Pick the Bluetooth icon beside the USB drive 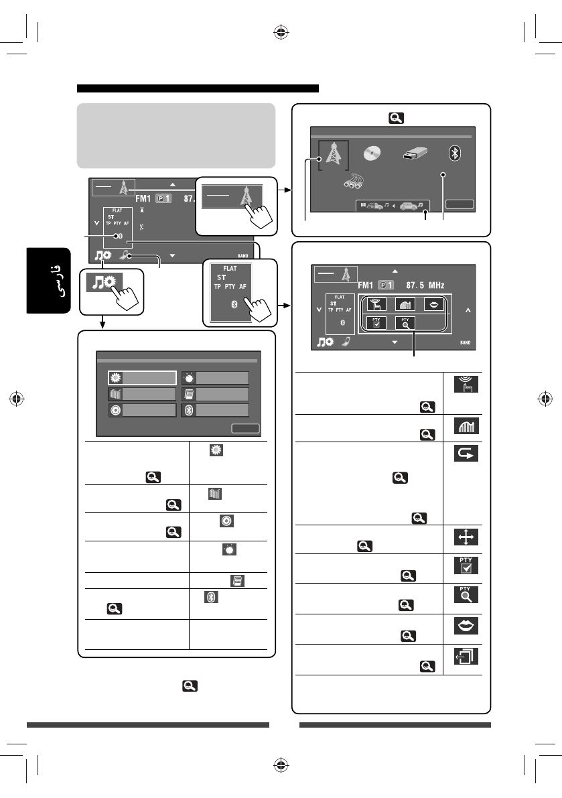coord(454,153)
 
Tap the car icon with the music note coord(409,206)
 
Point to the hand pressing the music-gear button coord(121,294)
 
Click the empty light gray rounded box coord(176,135)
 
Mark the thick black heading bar coord(198,88)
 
